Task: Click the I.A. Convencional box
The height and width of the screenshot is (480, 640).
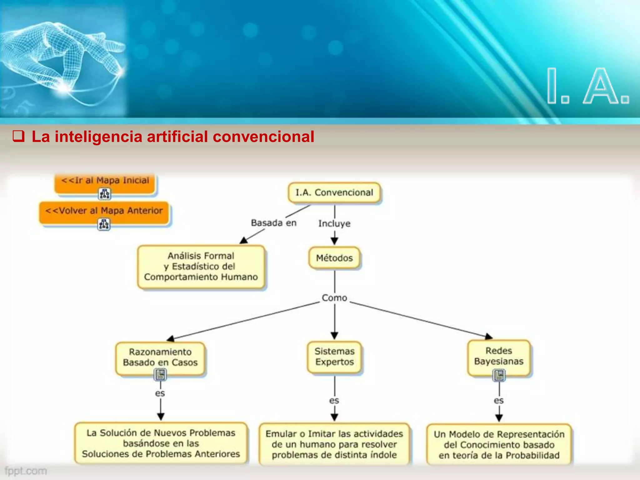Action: tap(334, 192)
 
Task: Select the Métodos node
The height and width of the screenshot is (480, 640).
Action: tap(334, 258)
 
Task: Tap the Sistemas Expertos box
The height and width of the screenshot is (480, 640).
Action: tap(334, 357)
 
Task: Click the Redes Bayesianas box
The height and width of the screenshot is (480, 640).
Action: tap(499, 356)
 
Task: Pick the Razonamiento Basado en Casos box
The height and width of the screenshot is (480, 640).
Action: tap(160, 357)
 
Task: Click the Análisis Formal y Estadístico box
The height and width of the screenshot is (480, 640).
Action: tap(201, 266)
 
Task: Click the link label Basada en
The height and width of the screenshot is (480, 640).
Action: tap(274, 223)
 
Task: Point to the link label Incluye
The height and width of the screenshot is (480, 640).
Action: tap(334, 223)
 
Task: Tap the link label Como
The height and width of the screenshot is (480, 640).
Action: tap(334, 298)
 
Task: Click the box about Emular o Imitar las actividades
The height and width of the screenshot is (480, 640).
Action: tap(334, 444)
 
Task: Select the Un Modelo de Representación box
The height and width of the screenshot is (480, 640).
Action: tap(499, 444)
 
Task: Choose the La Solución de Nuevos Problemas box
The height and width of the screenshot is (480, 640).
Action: tap(161, 443)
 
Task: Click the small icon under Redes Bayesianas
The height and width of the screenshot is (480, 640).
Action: tap(499, 375)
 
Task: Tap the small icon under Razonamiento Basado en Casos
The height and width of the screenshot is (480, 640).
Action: tap(160, 374)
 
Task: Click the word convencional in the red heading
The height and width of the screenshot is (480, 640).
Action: tap(263, 137)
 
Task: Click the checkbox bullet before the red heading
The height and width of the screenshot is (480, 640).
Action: tap(18, 137)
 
